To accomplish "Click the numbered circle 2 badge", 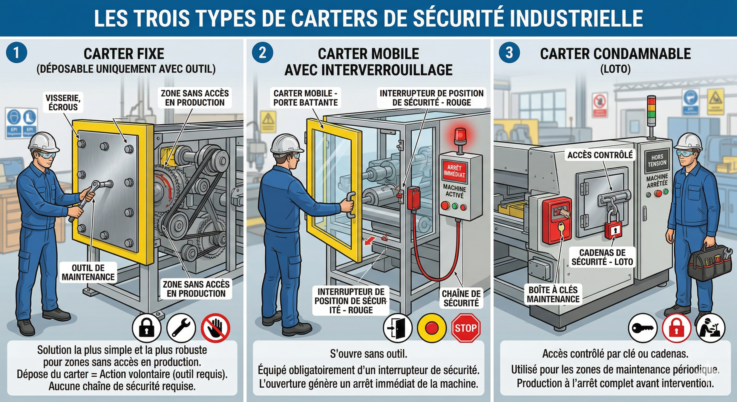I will [x=262, y=53].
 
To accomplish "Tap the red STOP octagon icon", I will [x=466, y=328].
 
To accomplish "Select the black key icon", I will [x=643, y=328].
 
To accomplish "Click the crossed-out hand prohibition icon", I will [x=215, y=328].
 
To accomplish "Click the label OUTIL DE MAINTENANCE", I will [x=88, y=272].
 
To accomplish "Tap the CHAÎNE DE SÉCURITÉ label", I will [x=461, y=298].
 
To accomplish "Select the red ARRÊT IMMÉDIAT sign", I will [x=454, y=171].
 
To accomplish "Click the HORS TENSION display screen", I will [x=657, y=160].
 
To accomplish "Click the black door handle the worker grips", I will [x=351, y=205].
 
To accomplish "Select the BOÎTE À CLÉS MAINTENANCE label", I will [x=553, y=294].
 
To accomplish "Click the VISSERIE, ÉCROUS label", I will [x=63, y=103].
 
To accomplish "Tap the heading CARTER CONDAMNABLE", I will [x=615, y=54].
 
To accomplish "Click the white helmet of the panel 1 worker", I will [x=43, y=142].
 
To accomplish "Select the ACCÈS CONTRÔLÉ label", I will [x=600, y=155].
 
